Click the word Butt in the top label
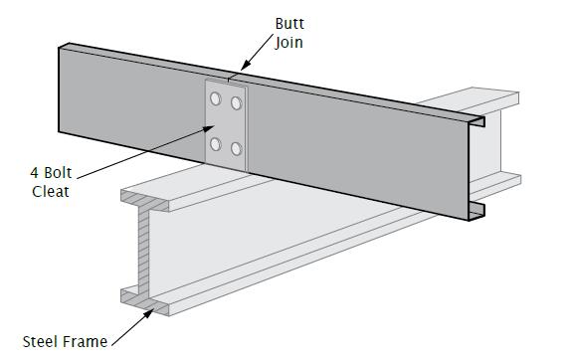(x=289, y=24)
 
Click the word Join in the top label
(x=288, y=43)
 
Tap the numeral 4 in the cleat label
(x=35, y=173)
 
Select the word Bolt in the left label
(x=58, y=173)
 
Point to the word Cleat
(x=51, y=191)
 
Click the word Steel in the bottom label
(x=40, y=342)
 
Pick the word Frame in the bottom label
(x=85, y=342)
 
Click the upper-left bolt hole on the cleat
(x=216, y=98)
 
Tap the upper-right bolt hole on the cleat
(x=236, y=103)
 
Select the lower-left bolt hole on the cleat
(x=216, y=144)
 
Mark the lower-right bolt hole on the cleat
(x=236, y=149)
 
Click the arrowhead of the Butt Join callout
(x=246, y=66)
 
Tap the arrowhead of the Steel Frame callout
(x=148, y=314)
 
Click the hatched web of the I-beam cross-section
(x=143, y=251)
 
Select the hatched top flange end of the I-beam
(x=144, y=201)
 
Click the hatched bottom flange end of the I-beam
(x=144, y=301)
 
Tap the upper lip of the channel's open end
(x=476, y=121)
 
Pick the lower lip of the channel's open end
(x=476, y=211)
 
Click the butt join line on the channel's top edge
(x=229, y=78)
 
